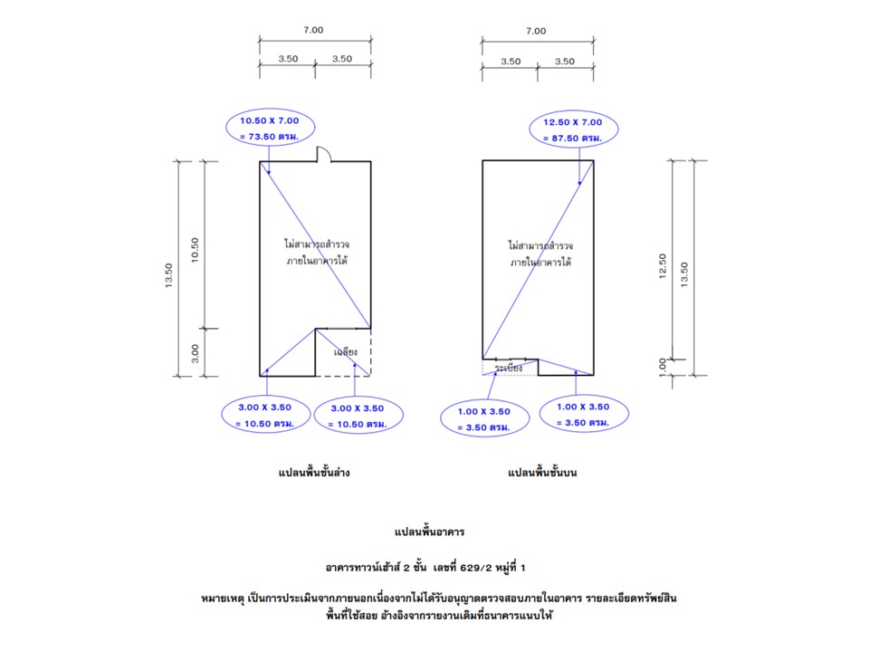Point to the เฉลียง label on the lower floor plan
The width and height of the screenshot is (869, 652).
click(x=346, y=350)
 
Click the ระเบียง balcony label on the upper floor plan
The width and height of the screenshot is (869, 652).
click(x=509, y=367)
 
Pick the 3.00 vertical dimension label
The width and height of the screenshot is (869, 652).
click(x=195, y=351)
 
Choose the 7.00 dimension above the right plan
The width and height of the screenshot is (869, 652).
click(x=536, y=31)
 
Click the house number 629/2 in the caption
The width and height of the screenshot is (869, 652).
click(x=477, y=567)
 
